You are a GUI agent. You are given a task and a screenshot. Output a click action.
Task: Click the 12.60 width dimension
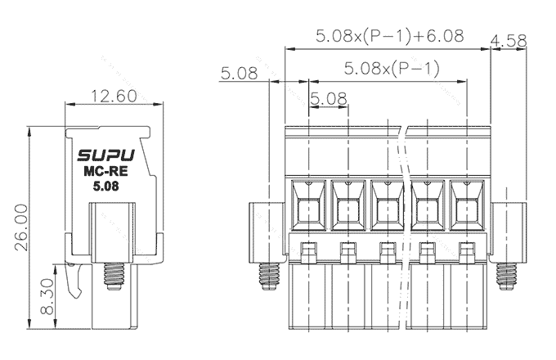point(114,96)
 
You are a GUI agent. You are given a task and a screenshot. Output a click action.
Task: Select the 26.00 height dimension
point(21,227)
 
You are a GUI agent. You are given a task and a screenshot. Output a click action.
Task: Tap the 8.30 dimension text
point(47,296)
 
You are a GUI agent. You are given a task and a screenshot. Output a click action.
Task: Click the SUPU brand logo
point(106,155)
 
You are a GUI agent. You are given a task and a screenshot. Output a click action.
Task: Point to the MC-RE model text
point(105,171)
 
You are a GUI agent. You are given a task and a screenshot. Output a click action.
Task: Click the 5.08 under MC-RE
point(105,187)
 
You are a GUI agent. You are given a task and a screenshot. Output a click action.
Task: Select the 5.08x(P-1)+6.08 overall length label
point(390,36)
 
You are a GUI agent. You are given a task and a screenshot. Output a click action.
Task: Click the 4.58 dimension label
point(509,41)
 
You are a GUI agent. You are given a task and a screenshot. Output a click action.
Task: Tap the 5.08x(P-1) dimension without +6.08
point(392,68)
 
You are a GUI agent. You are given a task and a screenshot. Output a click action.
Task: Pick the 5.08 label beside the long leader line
point(239,74)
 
